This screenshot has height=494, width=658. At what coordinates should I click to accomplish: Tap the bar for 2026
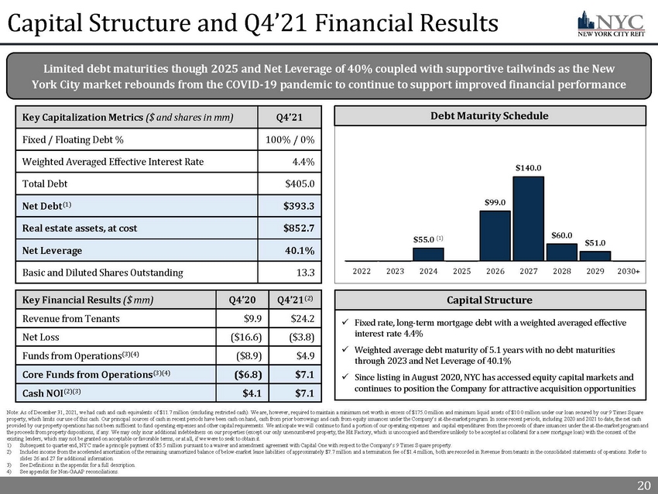click(x=495, y=235)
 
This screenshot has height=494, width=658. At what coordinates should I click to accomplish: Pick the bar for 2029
click(x=595, y=256)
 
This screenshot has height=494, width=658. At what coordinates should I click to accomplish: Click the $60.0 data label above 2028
click(x=563, y=234)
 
